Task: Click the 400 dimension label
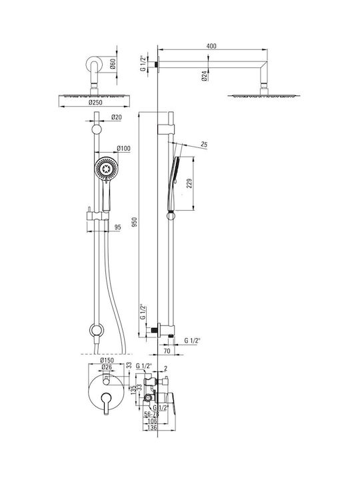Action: pyautogui.click(x=211, y=46)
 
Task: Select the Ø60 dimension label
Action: pyautogui.click(x=113, y=64)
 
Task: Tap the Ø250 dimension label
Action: pyautogui.click(x=95, y=102)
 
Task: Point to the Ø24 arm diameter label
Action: pyautogui.click(x=205, y=75)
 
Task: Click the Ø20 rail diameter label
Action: pyautogui.click(x=116, y=117)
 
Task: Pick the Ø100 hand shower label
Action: pyautogui.click(x=124, y=149)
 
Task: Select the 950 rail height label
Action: pyautogui.click(x=135, y=222)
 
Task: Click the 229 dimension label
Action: pyautogui.click(x=189, y=183)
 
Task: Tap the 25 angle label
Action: pyautogui.click(x=204, y=144)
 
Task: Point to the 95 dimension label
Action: pyautogui.click(x=117, y=227)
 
